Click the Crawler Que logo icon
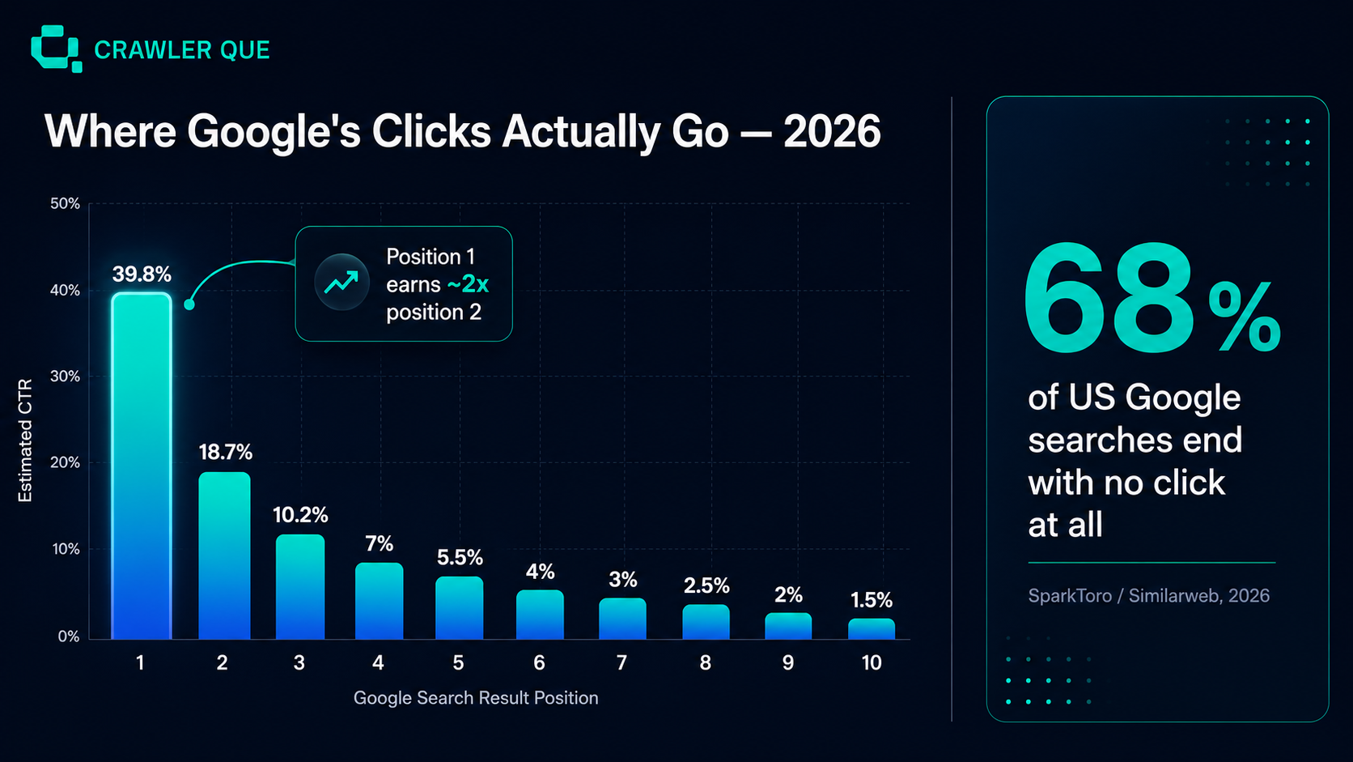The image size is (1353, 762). click(x=56, y=49)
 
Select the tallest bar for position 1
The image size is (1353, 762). click(x=142, y=466)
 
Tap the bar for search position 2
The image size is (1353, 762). click(x=224, y=556)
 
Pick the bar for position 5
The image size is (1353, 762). click(x=459, y=608)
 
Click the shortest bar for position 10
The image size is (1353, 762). click(x=871, y=629)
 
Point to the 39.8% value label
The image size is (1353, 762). click(x=142, y=275)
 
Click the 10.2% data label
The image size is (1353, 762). click(x=300, y=515)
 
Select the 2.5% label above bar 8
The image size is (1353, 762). click(x=706, y=585)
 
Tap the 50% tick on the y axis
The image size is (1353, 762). click(x=66, y=203)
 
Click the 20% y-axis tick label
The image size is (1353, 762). click(x=66, y=463)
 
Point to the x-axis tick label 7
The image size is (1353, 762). click(x=621, y=663)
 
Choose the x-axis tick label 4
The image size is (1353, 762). click(x=378, y=663)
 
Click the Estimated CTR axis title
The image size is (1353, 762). click(x=25, y=441)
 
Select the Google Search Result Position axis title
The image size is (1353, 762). click(x=476, y=698)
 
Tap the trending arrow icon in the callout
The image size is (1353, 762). click(x=341, y=282)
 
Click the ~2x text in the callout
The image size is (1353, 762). click(x=468, y=284)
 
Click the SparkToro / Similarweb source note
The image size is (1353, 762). click(x=1148, y=596)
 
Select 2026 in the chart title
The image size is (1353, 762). click(x=832, y=131)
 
